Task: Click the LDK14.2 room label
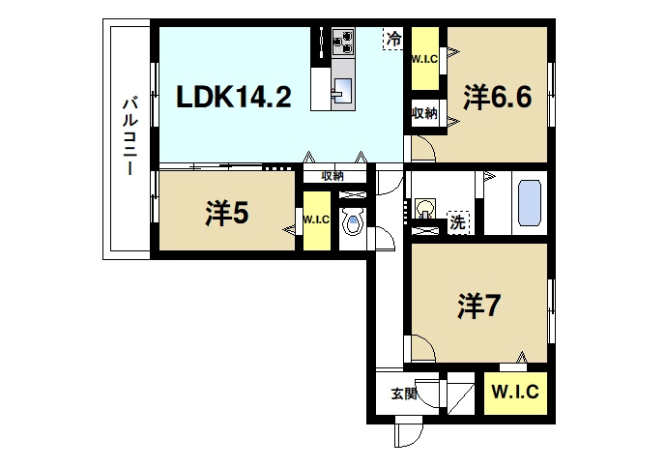(x=233, y=97)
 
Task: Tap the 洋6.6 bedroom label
(x=498, y=97)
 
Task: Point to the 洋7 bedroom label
(x=479, y=306)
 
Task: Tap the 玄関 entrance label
(x=404, y=395)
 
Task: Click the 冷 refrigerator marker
(x=393, y=40)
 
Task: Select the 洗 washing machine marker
(x=458, y=221)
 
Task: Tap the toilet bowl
(x=353, y=224)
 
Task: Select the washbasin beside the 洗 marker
(x=425, y=207)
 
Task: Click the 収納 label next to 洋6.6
(x=424, y=114)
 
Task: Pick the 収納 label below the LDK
(x=332, y=176)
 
